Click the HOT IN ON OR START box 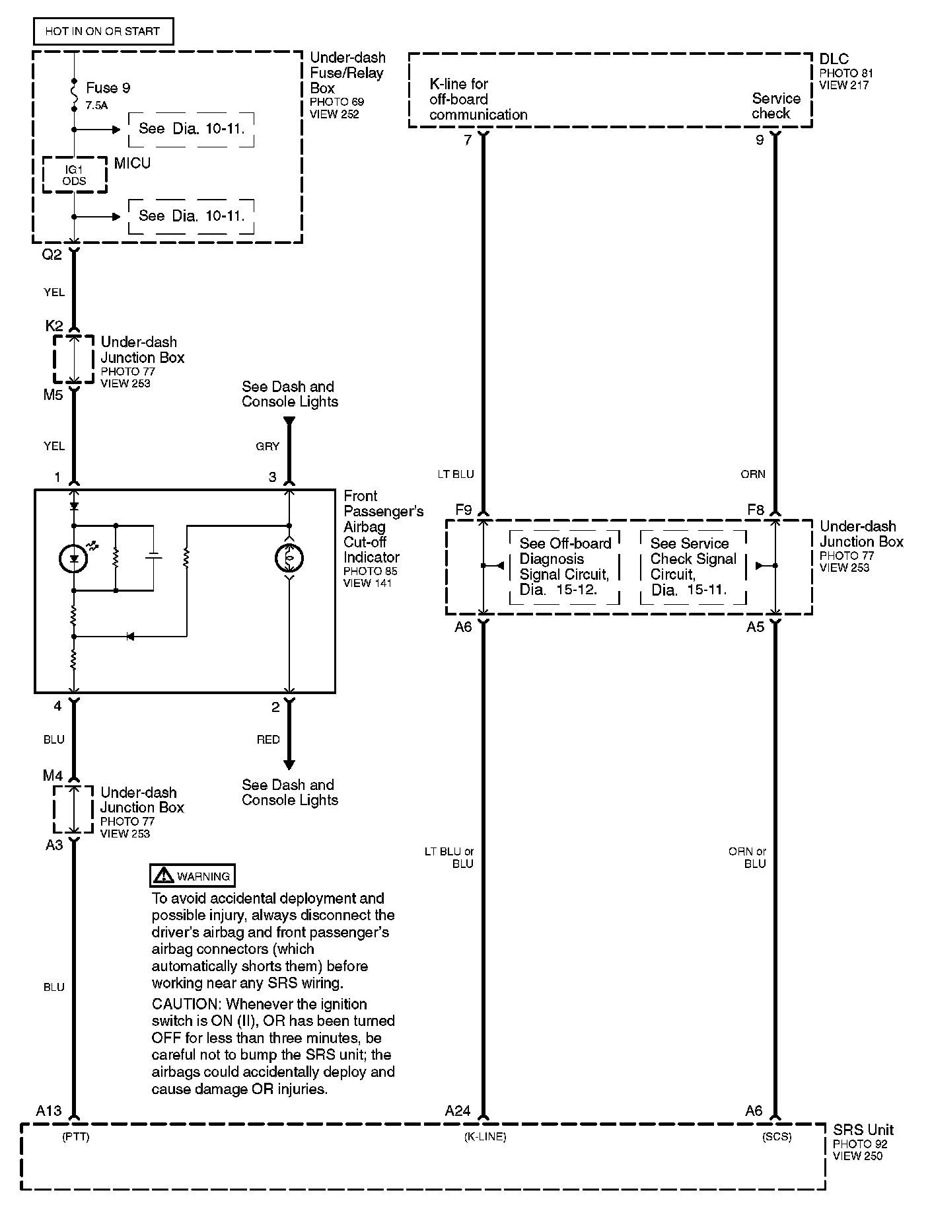click(102, 31)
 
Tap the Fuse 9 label click(108, 88)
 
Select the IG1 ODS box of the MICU click(75, 175)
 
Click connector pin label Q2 click(52, 255)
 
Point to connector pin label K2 click(54, 325)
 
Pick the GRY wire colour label click(268, 446)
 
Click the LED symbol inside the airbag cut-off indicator click(74, 559)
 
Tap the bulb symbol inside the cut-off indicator click(289, 559)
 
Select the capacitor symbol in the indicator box click(153, 557)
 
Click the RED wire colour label click(268, 740)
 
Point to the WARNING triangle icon click(162, 876)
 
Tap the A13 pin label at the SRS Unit click(49, 1111)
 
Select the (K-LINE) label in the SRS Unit click(485, 1137)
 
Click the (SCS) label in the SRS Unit click(776, 1137)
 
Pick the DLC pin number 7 click(468, 140)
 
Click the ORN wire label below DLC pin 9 click(753, 474)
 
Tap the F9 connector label click(463, 510)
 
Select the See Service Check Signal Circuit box click(693, 567)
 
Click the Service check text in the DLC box click(775, 106)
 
